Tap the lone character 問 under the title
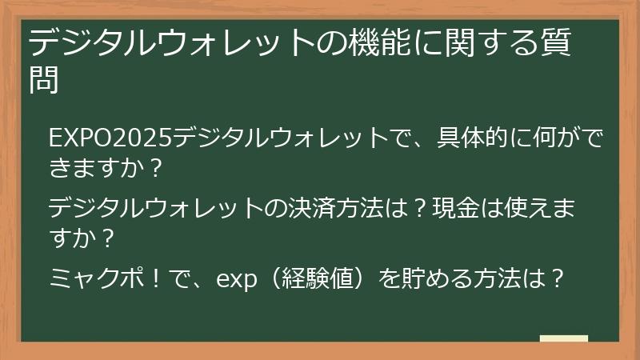tap(42, 80)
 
